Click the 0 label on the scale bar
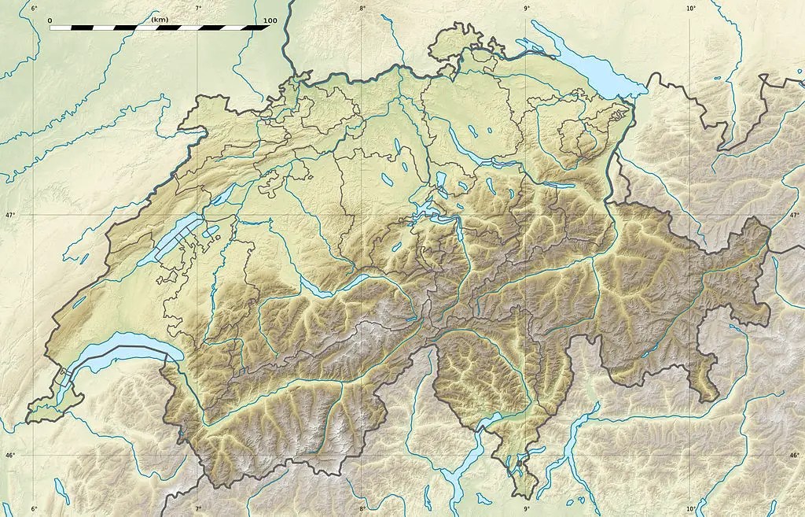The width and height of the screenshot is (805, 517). [x=50, y=20]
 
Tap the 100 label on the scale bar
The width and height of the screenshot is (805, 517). [x=270, y=20]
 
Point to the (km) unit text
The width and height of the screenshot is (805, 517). [x=160, y=19]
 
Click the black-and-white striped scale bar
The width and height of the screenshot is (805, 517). [x=160, y=28]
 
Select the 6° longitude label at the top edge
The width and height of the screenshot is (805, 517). [x=34, y=8]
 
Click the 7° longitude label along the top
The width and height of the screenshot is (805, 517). [x=198, y=8]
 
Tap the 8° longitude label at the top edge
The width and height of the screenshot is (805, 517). [x=362, y=8]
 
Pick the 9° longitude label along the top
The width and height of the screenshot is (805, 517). [x=526, y=8]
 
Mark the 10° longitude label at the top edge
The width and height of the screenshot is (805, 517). [x=690, y=8]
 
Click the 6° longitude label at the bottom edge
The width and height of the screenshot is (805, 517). [x=34, y=510]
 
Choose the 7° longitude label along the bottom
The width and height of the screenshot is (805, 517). [x=198, y=510]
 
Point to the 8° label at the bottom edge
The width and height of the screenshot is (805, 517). [x=362, y=510]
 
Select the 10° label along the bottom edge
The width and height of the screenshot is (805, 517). [x=690, y=510]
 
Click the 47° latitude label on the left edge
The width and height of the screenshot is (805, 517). [x=10, y=215]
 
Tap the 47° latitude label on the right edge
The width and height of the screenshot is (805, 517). [x=794, y=215]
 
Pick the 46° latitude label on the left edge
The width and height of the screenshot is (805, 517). [x=10, y=455]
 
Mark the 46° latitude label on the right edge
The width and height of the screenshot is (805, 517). [x=794, y=455]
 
